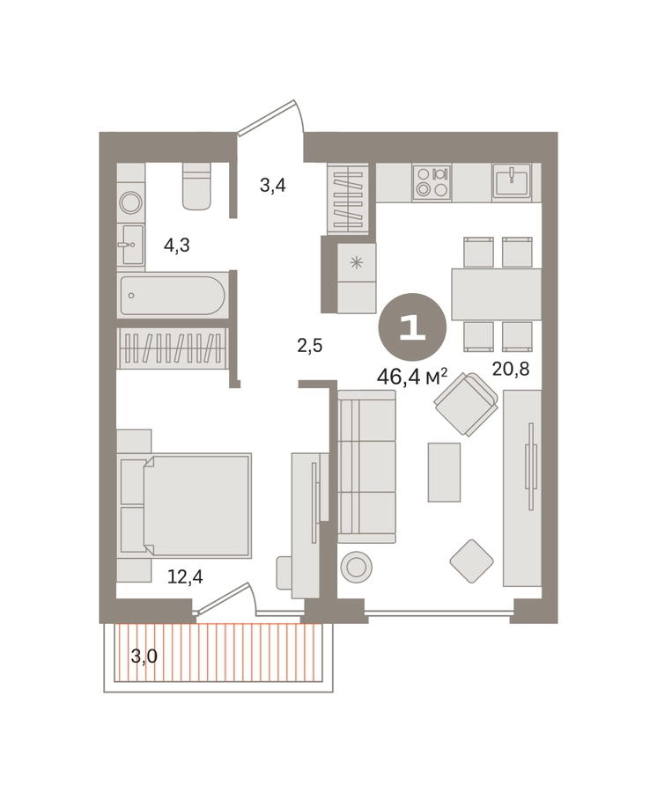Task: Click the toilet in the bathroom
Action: point(196,186)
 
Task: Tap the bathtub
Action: point(172,296)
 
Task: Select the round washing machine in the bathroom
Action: point(131,202)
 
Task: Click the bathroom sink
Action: point(131,245)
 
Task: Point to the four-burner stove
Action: point(432,182)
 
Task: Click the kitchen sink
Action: point(512,182)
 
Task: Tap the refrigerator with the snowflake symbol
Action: point(357,278)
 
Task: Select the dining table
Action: point(497,294)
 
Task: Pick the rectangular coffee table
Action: point(444,473)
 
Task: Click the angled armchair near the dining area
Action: point(466,404)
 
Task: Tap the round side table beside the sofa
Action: point(357,567)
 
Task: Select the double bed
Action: point(184,505)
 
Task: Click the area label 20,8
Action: point(511,370)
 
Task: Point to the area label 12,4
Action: point(185,576)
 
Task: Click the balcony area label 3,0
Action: point(144,656)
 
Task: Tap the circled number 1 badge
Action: point(412,327)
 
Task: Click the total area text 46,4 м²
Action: point(412,377)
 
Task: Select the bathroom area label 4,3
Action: point(177,245)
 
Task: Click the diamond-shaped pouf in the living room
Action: point(471,561)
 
